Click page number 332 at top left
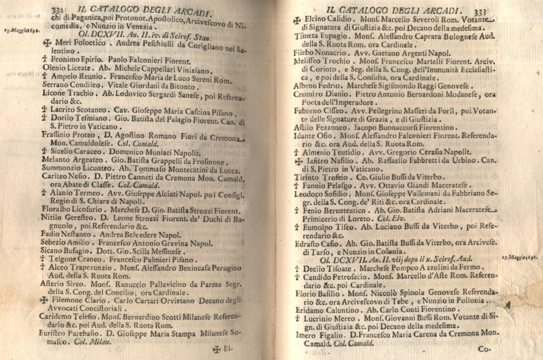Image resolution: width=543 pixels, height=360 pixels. (x=60, y=9)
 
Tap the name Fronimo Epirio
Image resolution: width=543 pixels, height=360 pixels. (x=73, y=59)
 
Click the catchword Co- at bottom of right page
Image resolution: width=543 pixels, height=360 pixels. (x=484, y=349)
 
